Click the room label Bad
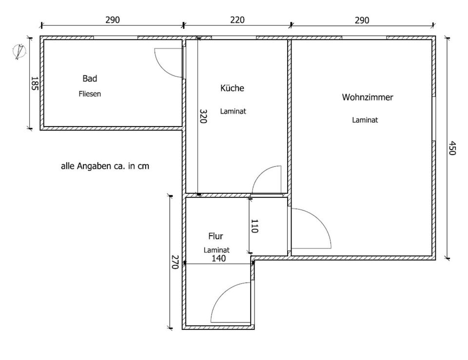click(90, 78)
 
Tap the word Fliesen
click(90, 94)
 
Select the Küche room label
click(232, 88)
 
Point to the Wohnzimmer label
click(367, 97)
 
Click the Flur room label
click(215, 236)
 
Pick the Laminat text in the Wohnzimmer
click(365, 120)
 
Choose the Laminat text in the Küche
click(233, 111)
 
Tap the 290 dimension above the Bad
click(113, 20)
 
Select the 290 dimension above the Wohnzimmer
click(362, 20)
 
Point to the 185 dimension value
click(34, 83)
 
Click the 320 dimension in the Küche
click(203, 116)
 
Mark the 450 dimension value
click(452, 148)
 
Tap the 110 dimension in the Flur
click(254, 226)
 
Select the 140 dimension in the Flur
click(218, 259)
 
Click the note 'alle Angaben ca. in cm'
click(104, 166)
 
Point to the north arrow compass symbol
click(20, 51)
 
